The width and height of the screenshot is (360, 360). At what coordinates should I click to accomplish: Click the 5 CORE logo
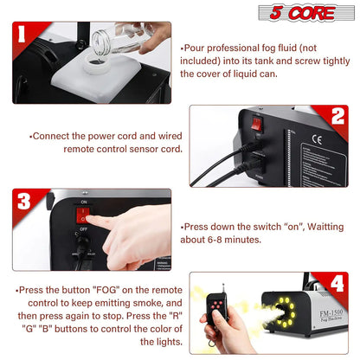[306, 13]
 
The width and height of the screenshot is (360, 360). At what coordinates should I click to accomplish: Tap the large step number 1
[22, 34]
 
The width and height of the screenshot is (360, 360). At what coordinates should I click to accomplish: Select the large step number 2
[337, 116]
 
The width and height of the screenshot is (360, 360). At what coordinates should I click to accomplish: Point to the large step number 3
[23, 201]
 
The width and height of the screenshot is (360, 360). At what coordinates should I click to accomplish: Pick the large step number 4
[337, 283]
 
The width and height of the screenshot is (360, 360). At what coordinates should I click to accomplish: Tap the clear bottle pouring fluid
[121, 39]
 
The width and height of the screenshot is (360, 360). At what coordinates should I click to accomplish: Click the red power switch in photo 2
[256, 123]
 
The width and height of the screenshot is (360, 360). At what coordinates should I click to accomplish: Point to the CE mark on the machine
[317, 139]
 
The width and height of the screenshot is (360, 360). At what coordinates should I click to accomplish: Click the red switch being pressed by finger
[82, 215]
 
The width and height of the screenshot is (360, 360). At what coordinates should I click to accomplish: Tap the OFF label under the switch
[83, 229]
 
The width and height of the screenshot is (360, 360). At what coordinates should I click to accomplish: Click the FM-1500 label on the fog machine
[331, 312]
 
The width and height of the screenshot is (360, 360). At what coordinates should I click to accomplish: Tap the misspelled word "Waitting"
[325, 227]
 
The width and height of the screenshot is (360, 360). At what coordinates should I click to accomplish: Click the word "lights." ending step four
[161, 342]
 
